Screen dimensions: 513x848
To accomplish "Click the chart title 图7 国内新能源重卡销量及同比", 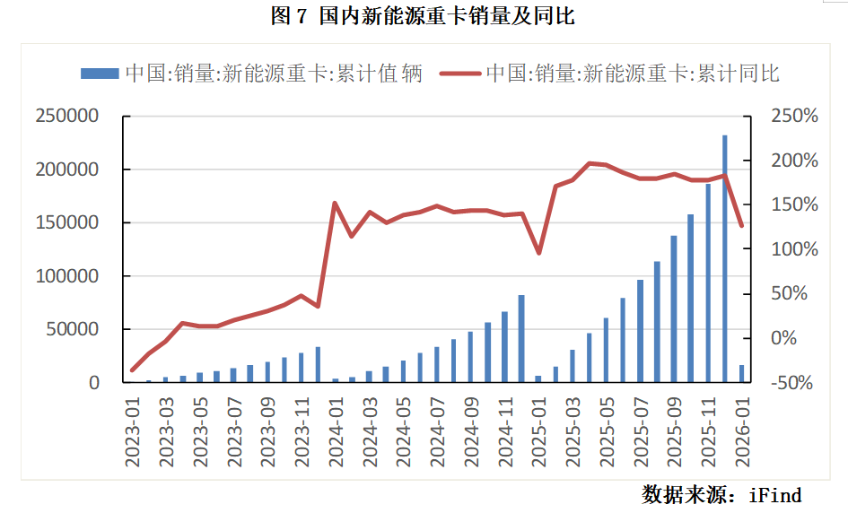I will (x=423, y=15).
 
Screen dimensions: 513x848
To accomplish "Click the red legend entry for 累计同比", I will (x=610, y=74).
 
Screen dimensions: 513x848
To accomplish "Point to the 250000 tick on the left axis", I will (x=67, y=117).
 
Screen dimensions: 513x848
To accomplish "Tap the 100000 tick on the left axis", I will (x=67, y=276).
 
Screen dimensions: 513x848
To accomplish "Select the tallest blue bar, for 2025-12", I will (x=725, y=259).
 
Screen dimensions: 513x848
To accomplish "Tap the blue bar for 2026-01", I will (x=742, y=374).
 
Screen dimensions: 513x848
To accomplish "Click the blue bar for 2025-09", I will (x=674, y=309).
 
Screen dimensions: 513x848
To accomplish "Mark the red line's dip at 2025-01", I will (x=538, y=253).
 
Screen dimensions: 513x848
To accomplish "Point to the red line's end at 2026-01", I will (x=742, y=225).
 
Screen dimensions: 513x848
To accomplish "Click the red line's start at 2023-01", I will (x=132, y=370).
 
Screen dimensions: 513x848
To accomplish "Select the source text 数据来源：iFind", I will (x=721, y=494).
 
